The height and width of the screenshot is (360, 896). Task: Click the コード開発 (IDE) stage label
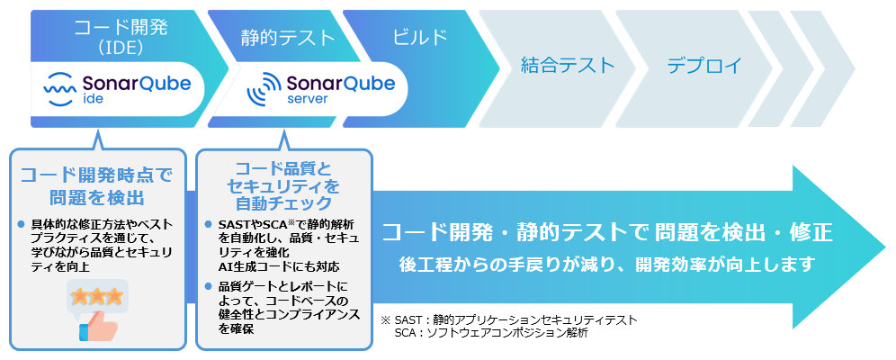tap(116, 37)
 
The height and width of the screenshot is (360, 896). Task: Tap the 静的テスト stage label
tap(288, 38)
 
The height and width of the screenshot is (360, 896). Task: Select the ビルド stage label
tap(420, 37)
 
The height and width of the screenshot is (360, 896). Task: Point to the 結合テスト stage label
tap(568, 65)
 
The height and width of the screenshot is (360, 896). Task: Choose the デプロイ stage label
tap(704, 65)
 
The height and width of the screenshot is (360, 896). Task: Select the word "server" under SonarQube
tap(308, 99)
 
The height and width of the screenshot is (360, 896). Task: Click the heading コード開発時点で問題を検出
tap(96, 186)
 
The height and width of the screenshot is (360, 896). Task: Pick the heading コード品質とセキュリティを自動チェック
tap(283, 185)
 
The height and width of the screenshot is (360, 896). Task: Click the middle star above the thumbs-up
tap(96, 296)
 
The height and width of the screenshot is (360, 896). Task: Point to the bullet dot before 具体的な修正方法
tap(22, 224)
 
